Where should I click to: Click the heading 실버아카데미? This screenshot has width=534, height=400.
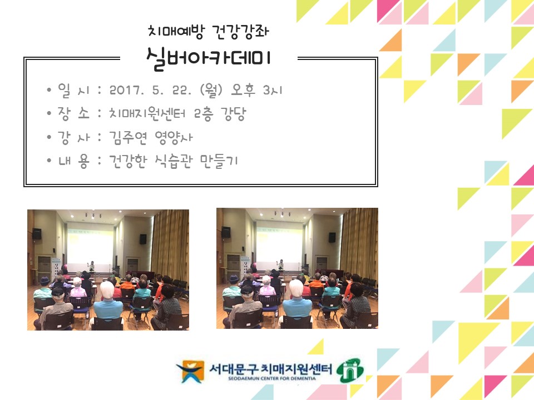(208, 58)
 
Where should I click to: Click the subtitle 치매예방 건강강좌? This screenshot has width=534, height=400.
(209, 32)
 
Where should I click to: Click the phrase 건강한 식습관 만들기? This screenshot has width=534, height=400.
(174, 161)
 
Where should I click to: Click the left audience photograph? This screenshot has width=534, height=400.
(108, 269)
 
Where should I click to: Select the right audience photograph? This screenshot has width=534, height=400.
(297, 268)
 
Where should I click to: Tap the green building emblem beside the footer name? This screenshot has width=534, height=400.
(352, 369)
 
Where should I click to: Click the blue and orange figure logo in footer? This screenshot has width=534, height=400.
(190, 371)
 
